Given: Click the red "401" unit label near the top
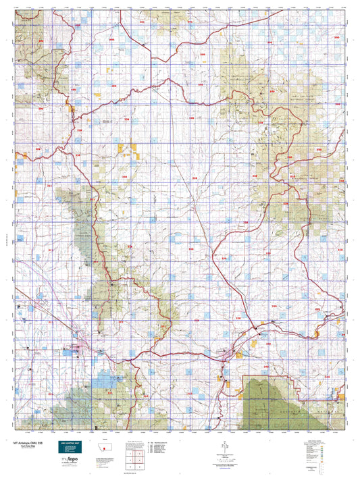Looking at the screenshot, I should point(142,22).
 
